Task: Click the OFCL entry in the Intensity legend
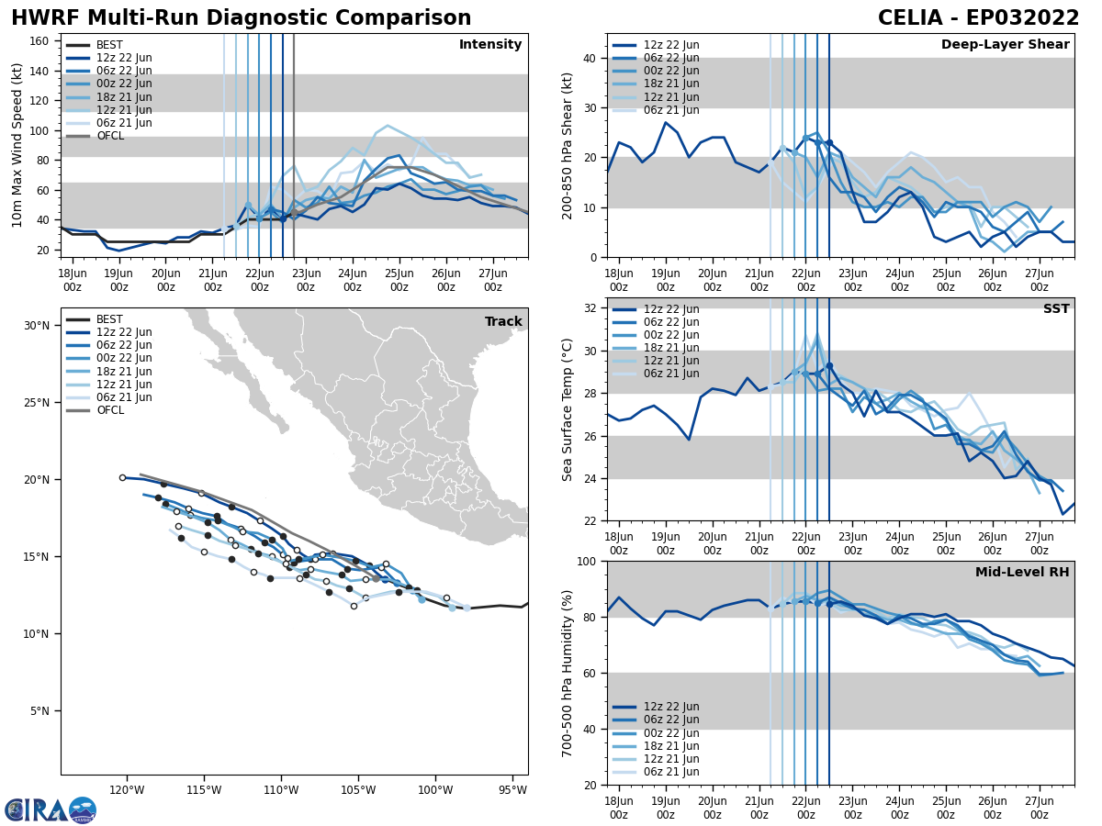pos(110,136)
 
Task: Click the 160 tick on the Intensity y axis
pos(41,40)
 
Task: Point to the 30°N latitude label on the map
pos(36,326)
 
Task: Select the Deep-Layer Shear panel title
pos(1005,45)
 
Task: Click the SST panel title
pos(1056,309)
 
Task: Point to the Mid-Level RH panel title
pos(1022,573)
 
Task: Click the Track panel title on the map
pos(503,322)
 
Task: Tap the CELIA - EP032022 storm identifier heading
pos(978,18)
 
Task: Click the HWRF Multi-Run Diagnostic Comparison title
pos(241,18)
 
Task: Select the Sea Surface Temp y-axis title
pos(568,409)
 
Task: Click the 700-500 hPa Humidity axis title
pos(568,673)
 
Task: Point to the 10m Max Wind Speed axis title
pos(17,145)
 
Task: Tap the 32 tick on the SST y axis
pos(592,308)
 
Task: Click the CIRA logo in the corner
pos(51,809)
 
